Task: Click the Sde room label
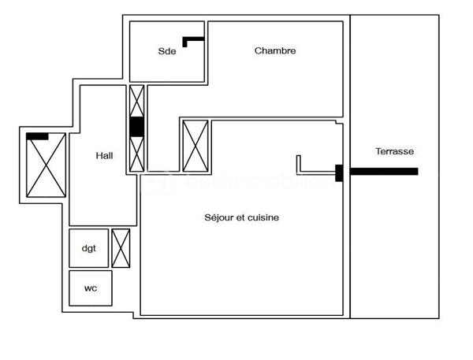coord(166,52)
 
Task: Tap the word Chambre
coord(275,51)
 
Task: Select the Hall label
coord(104,156)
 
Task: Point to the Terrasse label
coord(394,151)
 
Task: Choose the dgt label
coord(88,248)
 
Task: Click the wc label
coord(90,288)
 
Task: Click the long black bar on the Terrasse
coord(384,171)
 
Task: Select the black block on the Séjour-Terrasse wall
coord(339,173)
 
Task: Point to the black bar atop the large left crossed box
coord(37,136)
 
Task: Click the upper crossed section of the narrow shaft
coord(136,100)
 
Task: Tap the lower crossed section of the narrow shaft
coord(136,154)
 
